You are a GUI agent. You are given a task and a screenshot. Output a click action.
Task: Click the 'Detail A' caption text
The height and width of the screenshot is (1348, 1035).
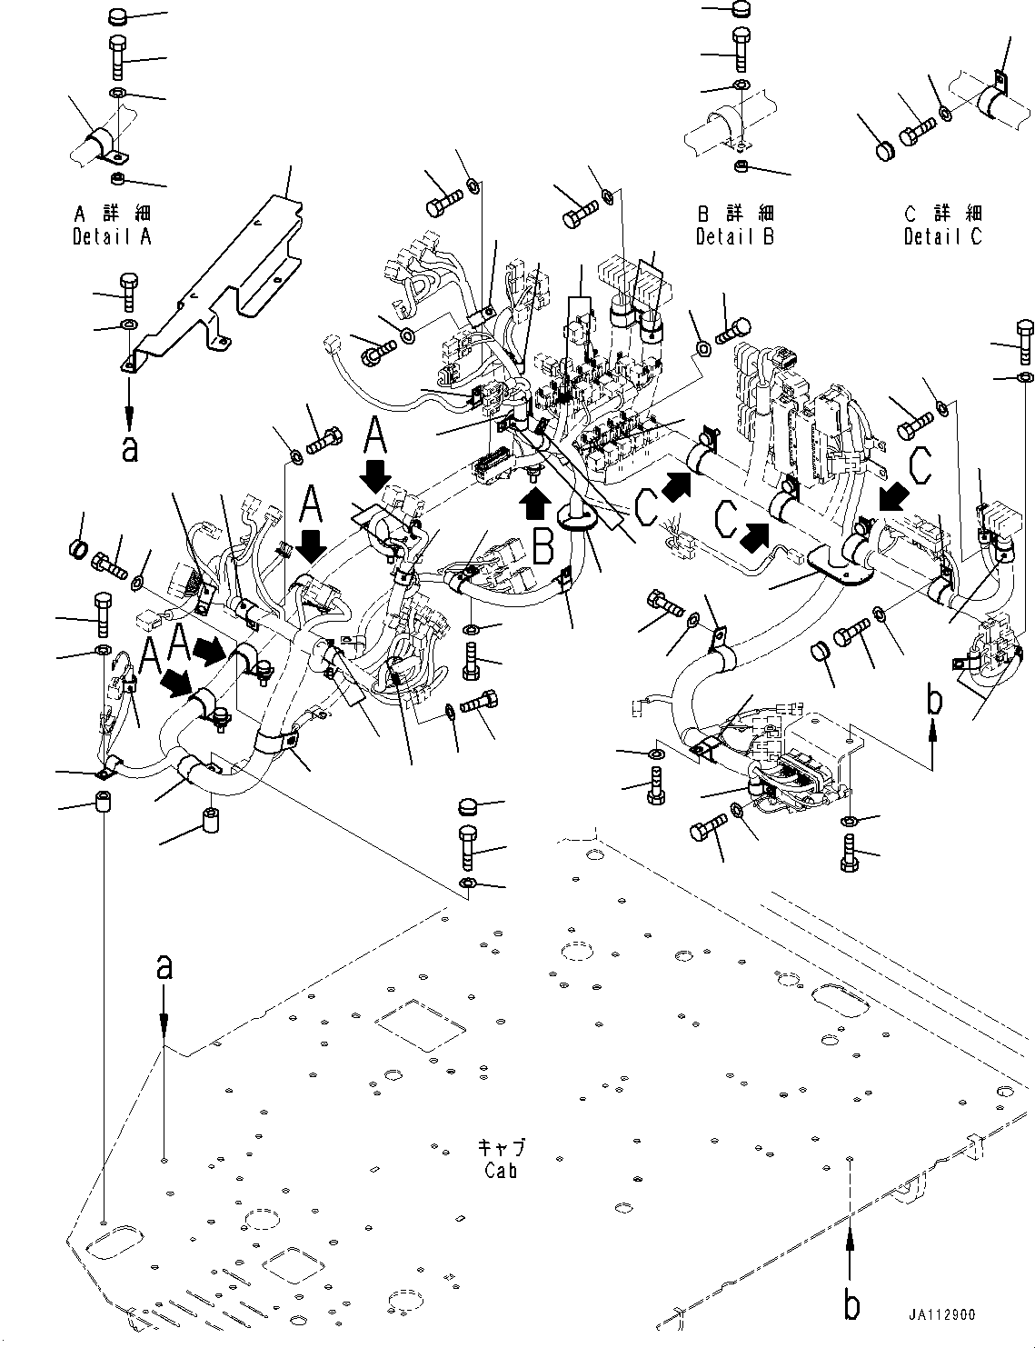pos(112,236)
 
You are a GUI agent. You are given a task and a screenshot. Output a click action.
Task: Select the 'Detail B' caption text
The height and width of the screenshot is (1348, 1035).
pos(735,236)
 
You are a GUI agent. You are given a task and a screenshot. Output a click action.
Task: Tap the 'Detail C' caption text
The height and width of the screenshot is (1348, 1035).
pos(943,236)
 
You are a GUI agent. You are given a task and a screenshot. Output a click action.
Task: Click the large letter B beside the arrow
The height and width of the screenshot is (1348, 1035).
pos(543,547)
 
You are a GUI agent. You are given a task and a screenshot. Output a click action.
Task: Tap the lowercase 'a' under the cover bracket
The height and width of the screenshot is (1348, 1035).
pos(130,448)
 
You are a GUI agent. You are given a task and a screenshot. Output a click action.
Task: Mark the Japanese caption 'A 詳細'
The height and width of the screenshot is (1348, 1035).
pos(112,215)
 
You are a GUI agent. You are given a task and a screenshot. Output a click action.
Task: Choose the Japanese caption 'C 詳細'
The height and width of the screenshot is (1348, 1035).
pos(943,215)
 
